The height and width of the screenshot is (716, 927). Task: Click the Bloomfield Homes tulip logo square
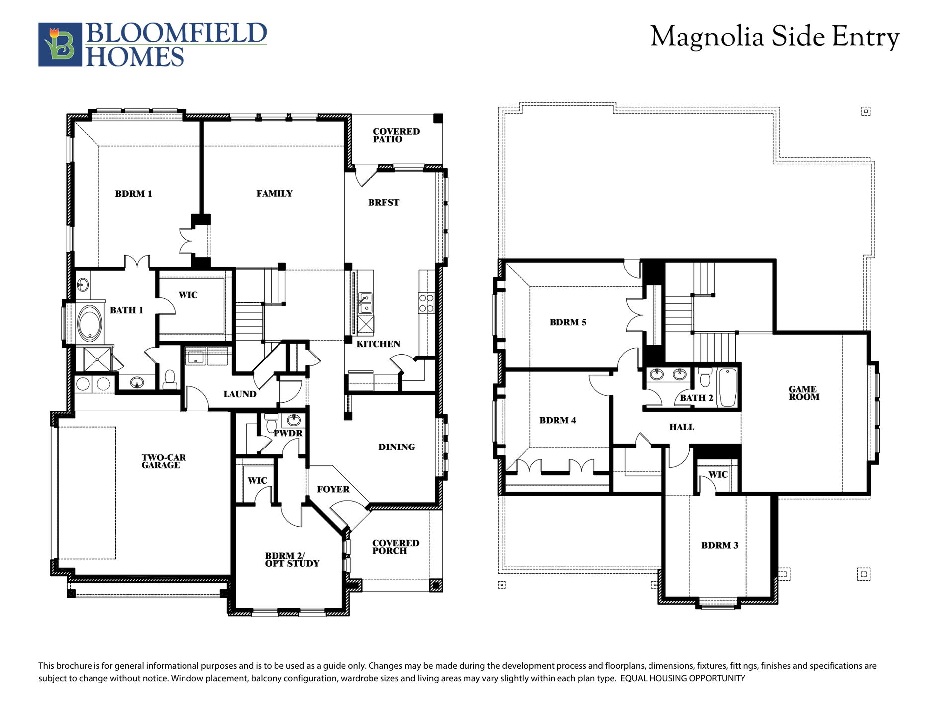[60, 44]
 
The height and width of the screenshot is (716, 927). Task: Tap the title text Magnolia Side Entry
[775, 37]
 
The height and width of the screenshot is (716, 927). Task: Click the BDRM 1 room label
[133, 194]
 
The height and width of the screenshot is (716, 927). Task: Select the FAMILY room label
[275, 194]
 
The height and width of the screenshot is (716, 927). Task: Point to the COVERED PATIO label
[396, 135]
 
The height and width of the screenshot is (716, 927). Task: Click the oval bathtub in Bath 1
[90, 324]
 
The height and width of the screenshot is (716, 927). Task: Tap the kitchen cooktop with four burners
[426, 303]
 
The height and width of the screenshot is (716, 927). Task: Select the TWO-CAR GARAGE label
[164, 461]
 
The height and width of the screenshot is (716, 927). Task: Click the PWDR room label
[288, 433]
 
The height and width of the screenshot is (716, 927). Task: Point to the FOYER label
[333, 489]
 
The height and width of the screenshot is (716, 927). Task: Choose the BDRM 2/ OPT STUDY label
[292, 559]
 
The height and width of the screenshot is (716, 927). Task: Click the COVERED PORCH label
[396, 547]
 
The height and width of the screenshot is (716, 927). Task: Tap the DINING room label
[397, 447]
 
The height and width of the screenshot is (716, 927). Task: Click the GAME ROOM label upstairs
[804, 393]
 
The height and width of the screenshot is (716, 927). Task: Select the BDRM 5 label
[568, 322]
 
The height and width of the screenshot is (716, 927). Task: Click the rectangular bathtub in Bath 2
[727, 387]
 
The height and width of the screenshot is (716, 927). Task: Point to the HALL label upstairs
[682, 427]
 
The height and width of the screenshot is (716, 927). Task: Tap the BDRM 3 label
[720, 545]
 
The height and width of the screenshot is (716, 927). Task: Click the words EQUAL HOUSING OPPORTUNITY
[683, 678]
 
